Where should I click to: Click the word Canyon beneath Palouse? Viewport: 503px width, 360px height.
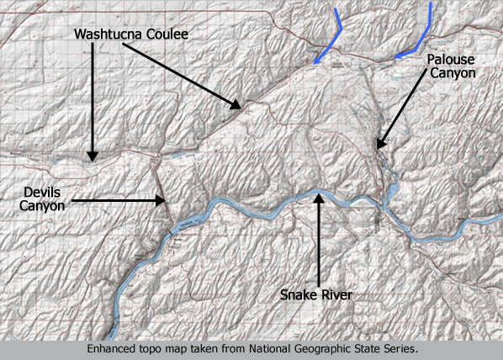pos(453,74)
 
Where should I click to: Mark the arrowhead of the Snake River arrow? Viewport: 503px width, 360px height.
pos(320,195)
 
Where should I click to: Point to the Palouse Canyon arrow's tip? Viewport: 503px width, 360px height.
pos(378,147)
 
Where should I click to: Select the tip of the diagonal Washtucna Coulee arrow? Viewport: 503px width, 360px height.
pos(239,107)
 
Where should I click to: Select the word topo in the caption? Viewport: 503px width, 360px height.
pos(151,347)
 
